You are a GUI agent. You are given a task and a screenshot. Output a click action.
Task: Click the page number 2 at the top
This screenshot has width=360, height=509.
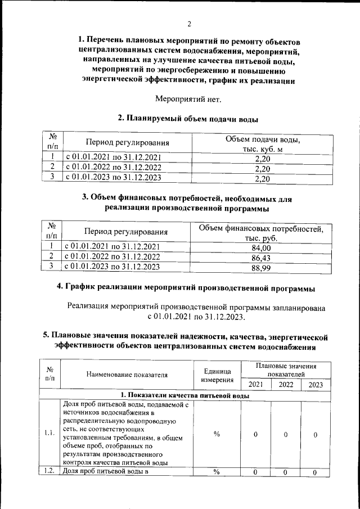tap(190, 24)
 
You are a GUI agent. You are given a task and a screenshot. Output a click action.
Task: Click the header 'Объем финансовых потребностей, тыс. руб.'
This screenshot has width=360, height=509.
tap(262, 233)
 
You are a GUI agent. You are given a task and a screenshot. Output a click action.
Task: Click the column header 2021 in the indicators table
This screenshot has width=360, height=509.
tap(255, 385)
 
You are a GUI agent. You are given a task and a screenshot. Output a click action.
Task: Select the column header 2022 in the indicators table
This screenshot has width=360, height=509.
tap(286, 385)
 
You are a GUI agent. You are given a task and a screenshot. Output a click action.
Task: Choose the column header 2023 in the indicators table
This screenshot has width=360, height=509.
tap(316, 385)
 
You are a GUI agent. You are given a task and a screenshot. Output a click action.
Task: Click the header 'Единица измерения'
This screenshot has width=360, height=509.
tap(216, 375)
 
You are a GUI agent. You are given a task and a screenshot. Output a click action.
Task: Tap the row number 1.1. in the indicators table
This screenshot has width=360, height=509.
tap(49, 433)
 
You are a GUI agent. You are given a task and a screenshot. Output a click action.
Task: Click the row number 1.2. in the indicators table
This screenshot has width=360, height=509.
tap(49, 472)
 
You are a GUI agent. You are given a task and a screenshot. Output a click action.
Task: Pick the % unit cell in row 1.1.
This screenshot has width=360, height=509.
tap(216, 434)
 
